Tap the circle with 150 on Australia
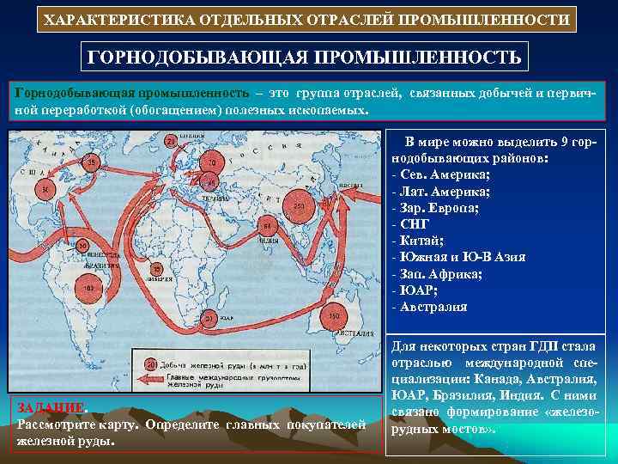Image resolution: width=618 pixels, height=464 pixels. coord(335,318)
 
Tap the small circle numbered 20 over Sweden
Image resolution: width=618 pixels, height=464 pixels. coord(172,141)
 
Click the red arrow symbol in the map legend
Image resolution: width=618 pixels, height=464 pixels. coord(156,379)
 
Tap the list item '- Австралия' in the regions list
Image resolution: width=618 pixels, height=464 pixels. coord(430,307)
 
